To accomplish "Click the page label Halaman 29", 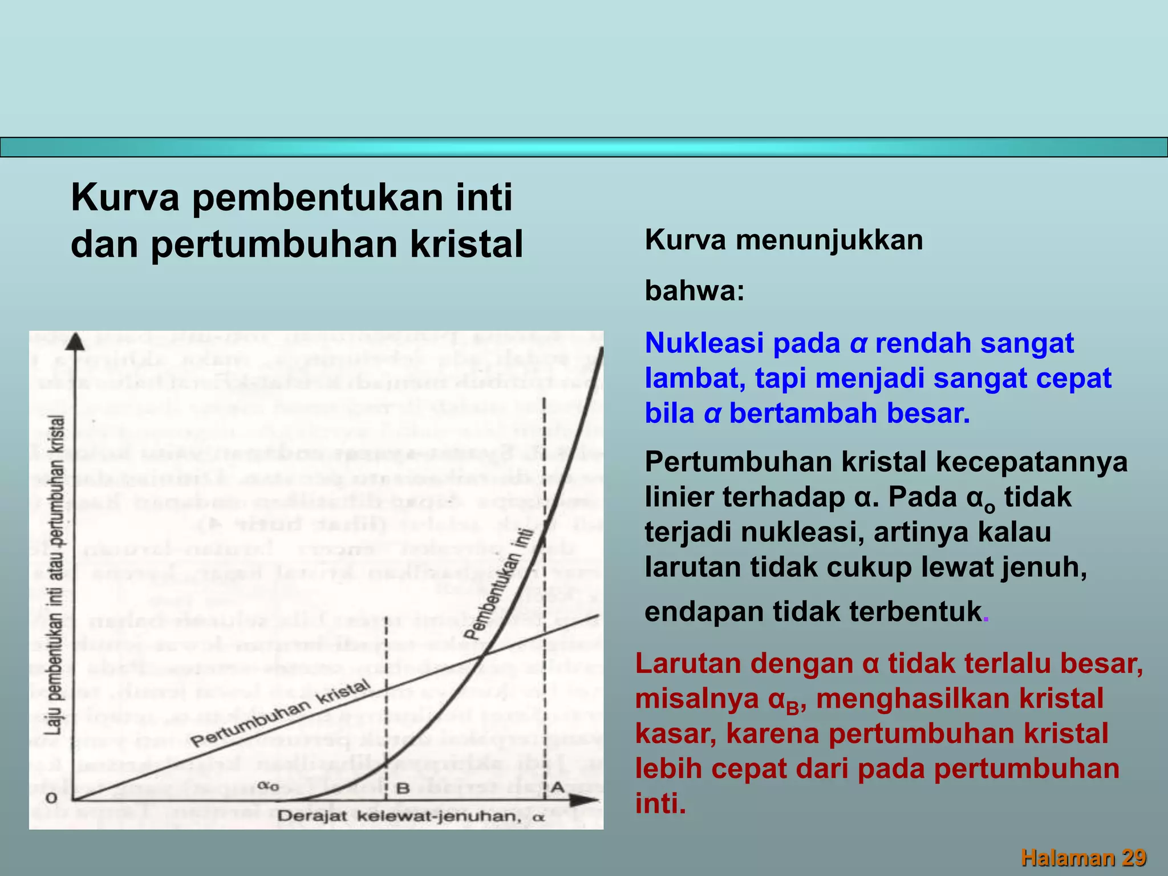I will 1083,857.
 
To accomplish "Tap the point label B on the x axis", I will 403,788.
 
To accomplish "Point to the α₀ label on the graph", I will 268,786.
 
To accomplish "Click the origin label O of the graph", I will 51,798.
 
